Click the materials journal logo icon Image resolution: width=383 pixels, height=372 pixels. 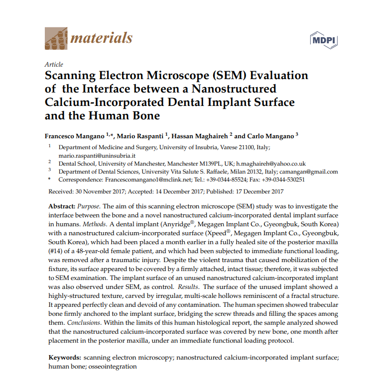(56, 37)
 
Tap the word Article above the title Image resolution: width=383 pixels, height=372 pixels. (54, 65)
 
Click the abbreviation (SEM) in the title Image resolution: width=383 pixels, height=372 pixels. (224, 76)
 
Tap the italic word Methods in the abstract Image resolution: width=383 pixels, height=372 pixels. (95, 224)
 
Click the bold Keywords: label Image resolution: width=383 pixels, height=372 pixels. (64, 358)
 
